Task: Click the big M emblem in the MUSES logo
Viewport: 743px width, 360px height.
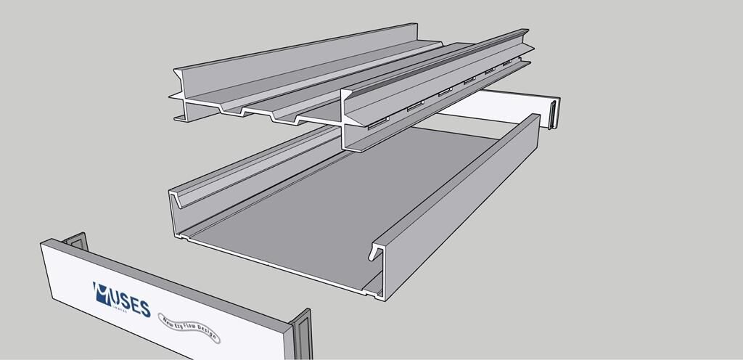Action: pyautogui.click(x=102, y=292)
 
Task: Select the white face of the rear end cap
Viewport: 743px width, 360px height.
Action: pyautogui.click(x=501, y=106)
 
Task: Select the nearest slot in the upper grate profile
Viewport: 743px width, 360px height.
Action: pyautogui.click(x=377, y=124)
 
